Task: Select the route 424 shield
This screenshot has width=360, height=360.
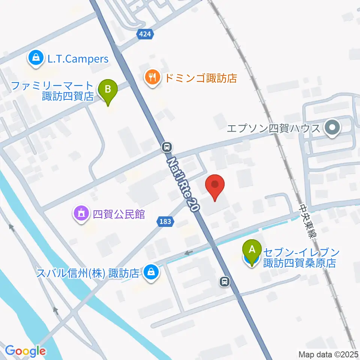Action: tap(145, 34)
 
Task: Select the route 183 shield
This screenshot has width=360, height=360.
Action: tap(165, 222)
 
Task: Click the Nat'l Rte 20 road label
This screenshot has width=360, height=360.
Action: tap(183, 185)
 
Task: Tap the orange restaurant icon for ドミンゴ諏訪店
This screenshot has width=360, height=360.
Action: tap(152, 78)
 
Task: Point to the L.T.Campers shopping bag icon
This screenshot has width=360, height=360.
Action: tap(35, 58)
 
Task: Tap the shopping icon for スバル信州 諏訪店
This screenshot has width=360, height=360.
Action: tap(151, 273)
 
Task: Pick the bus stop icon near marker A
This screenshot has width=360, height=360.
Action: tap(224, 280)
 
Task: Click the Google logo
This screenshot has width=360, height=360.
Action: tap(25, 351)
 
